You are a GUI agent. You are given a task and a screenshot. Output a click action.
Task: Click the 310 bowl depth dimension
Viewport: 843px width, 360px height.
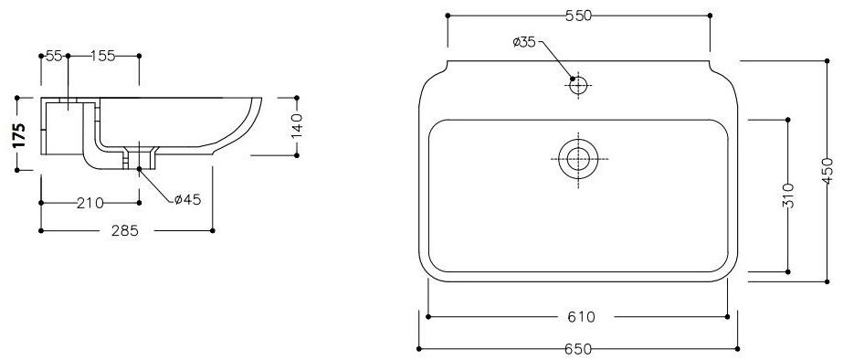click(789, 195)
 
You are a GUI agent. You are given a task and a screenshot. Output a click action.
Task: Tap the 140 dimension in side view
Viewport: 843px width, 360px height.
click(296, 125)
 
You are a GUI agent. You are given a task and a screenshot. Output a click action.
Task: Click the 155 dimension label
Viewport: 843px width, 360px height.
click(102, 56)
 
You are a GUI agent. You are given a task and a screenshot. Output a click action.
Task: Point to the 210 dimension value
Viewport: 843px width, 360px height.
click(90, 202)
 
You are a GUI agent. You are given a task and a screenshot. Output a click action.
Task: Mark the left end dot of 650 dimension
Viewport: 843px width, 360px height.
click(419, 348)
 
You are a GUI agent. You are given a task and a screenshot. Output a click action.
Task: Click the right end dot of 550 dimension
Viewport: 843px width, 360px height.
click(710, 16)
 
